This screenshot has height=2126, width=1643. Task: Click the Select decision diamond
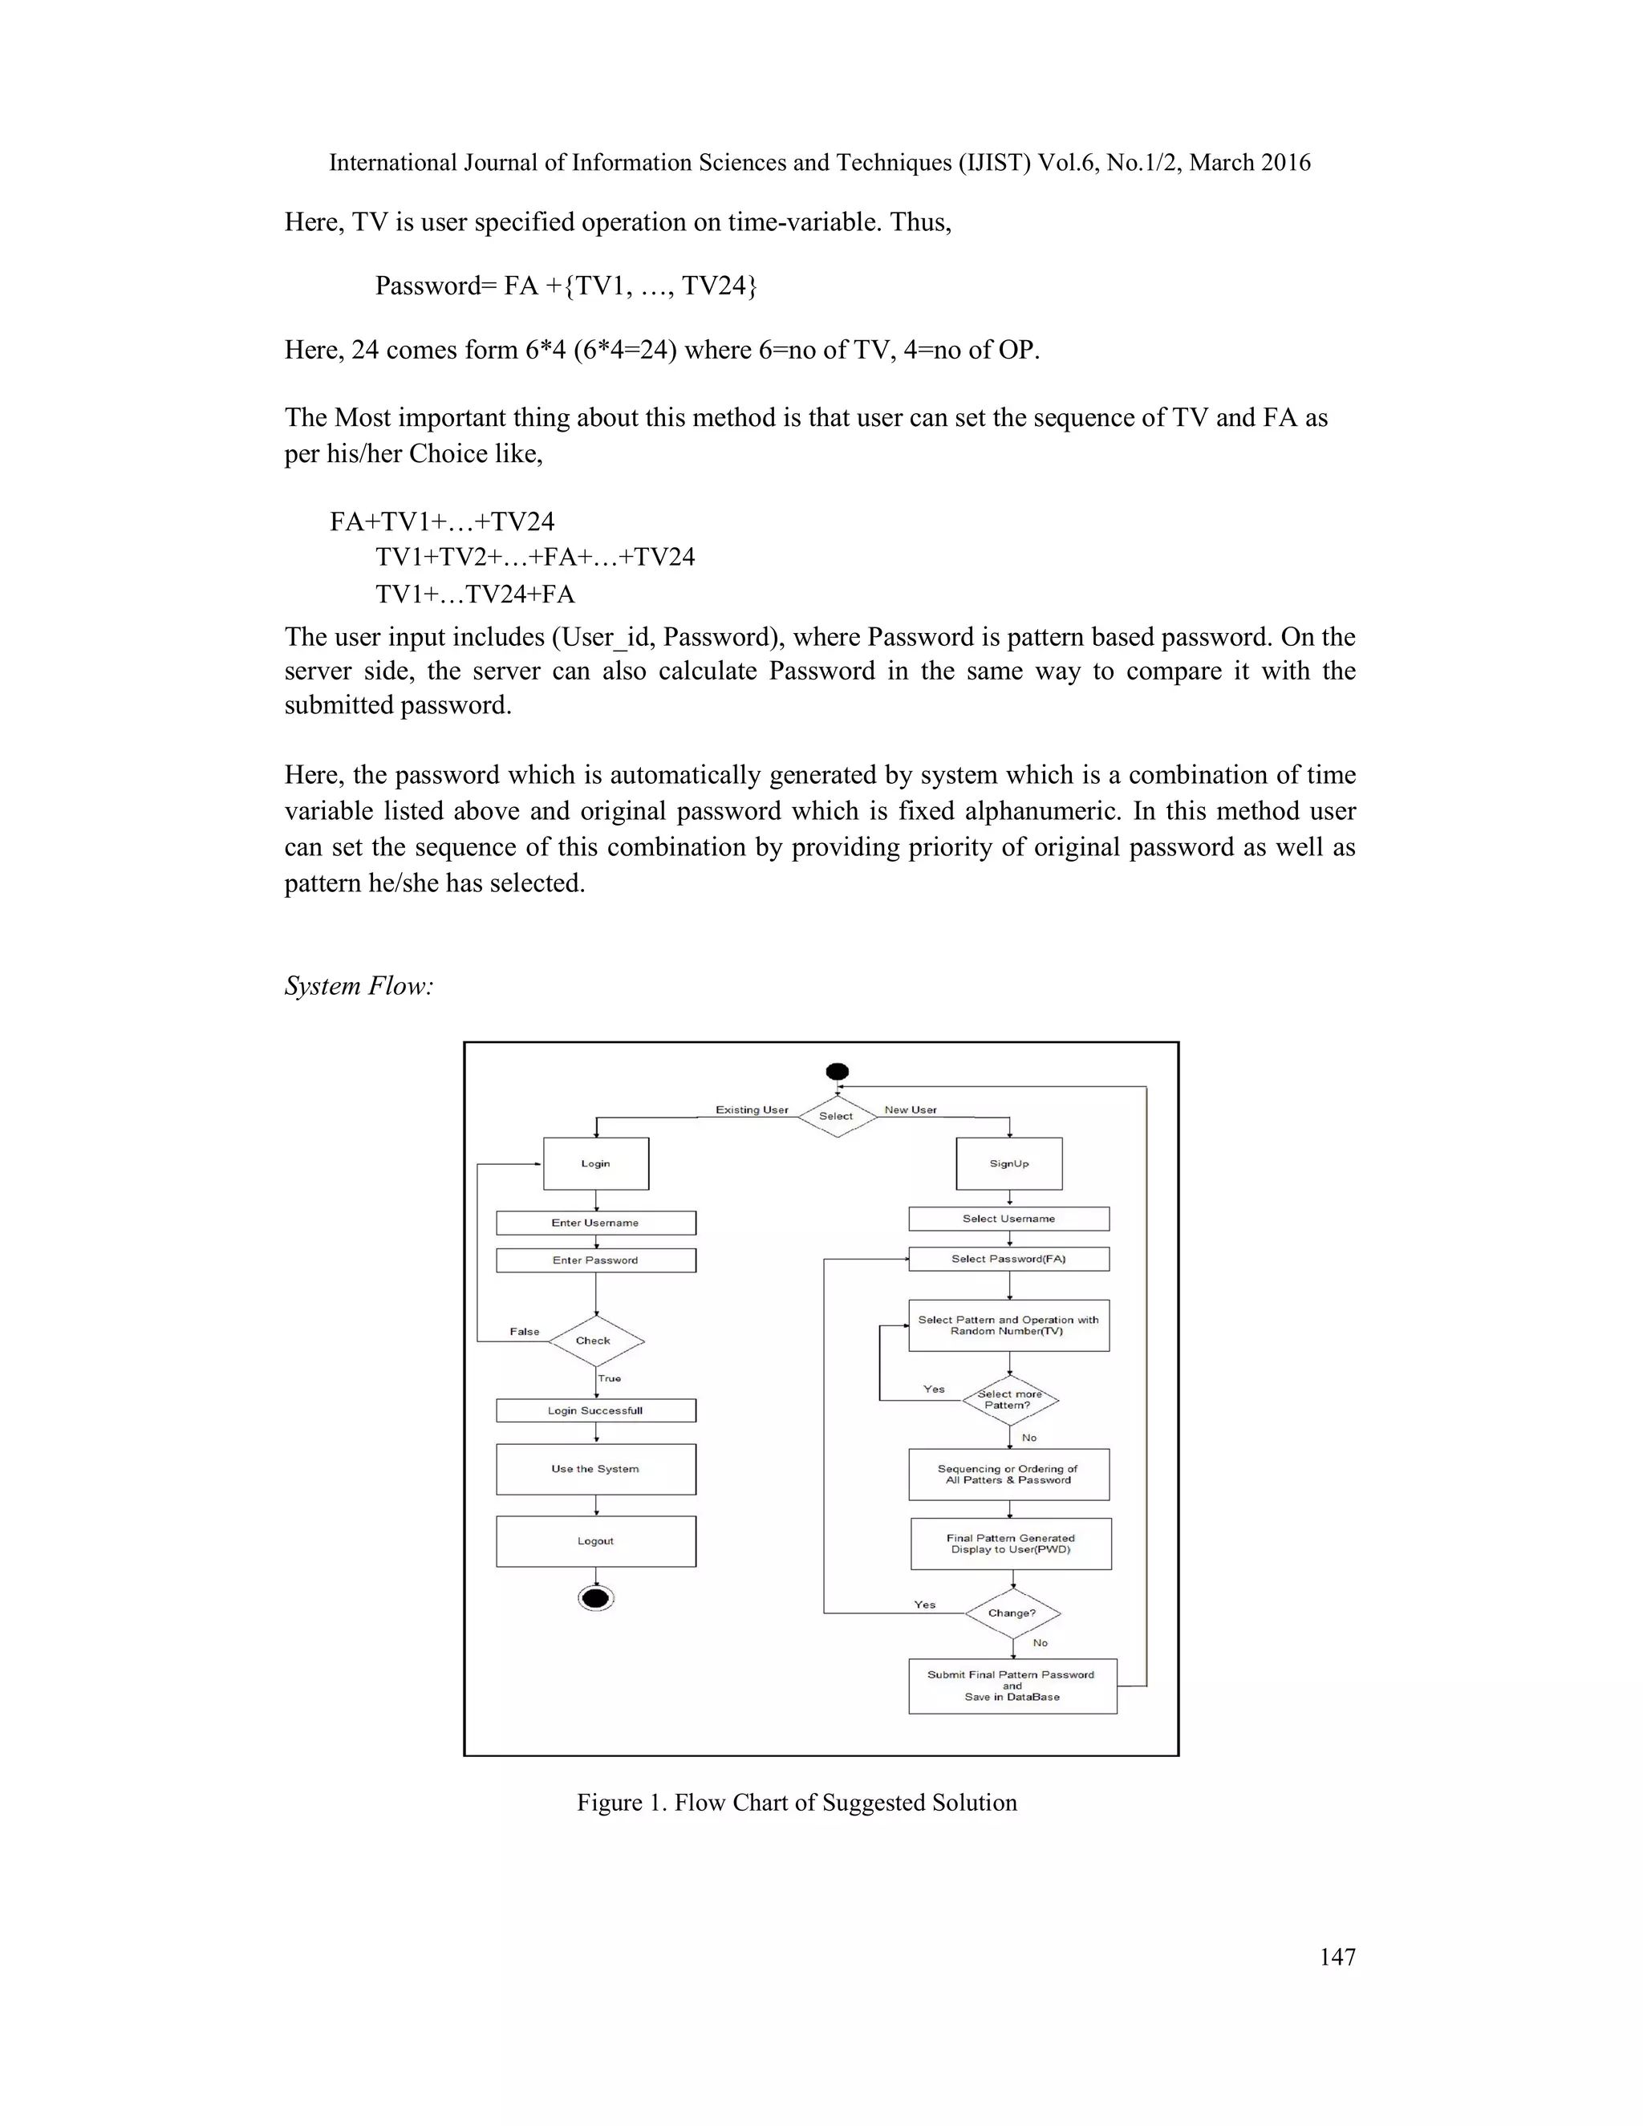click(836, 1116)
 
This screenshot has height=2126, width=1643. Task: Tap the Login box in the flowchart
click(596, 1163)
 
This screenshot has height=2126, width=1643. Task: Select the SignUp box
click(1009, 1163)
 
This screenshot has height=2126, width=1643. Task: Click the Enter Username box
click(596, 1223)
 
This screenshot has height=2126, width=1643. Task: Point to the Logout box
click(596, 1541)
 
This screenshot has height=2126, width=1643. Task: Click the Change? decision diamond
click(1012, 1613)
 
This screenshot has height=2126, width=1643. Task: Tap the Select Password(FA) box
click(1009, 1259)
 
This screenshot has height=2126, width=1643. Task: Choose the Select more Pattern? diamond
click(1010, 1400)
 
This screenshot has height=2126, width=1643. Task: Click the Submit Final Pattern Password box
click(1012, 1686)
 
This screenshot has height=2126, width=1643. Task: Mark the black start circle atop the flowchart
click(837, 1072)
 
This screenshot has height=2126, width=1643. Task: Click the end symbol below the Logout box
click(596, 1598)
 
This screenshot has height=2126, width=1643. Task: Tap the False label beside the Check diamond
click(525, 1332)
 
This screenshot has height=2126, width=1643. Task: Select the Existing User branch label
click(752, 1110)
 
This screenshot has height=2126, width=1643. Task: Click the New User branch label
click(910, 1110)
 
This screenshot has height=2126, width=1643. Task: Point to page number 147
click(1337, 1957)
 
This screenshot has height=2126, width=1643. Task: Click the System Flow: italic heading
click(358, 986)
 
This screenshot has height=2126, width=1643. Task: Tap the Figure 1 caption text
click(796, 1802)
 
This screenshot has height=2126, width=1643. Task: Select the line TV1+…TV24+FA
click(475, 594)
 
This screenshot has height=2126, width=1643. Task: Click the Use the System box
click(596, 1469)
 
